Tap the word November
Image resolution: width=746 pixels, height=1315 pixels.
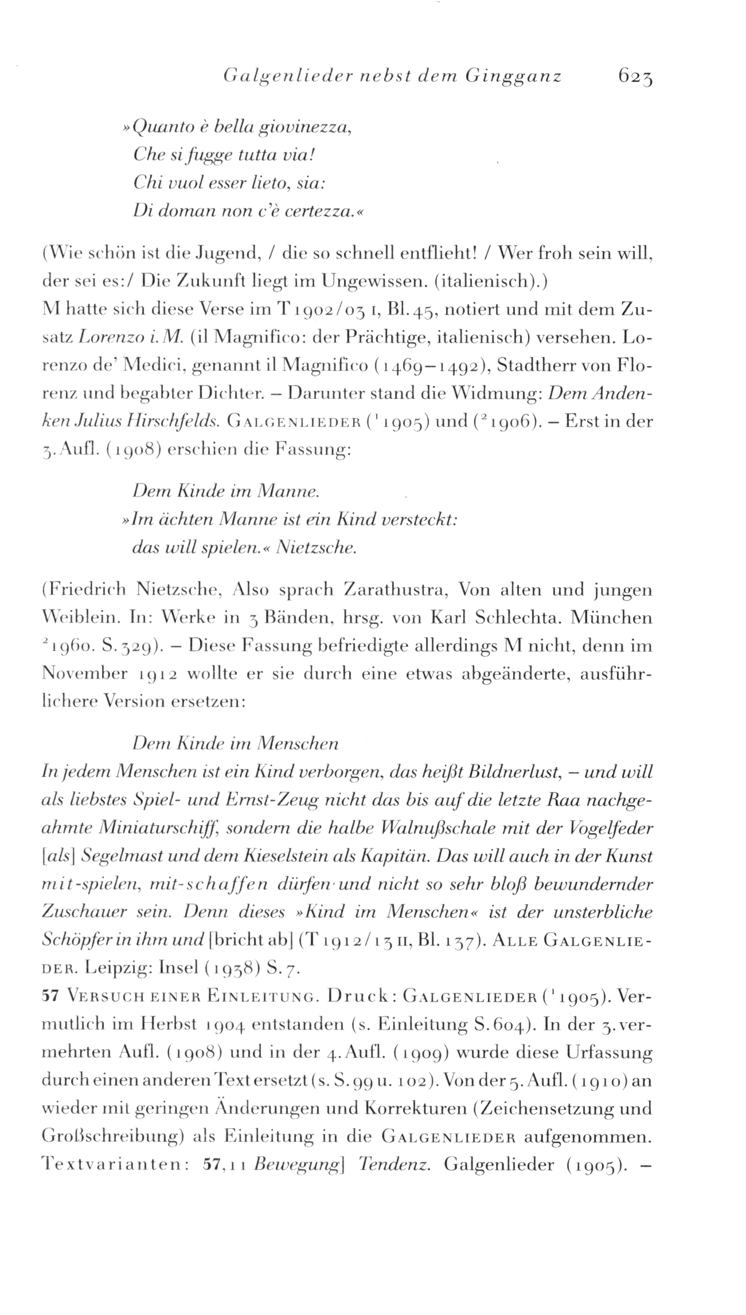coord(85,674)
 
